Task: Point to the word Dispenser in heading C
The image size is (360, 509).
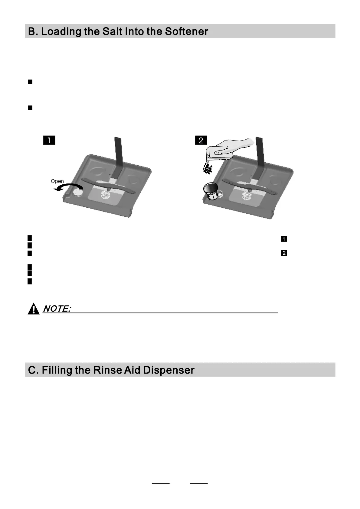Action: tap(169, 370)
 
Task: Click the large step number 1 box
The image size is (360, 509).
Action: tap(49, 140)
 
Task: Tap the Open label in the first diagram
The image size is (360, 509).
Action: tap(57, 181)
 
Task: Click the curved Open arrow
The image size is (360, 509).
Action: tap(68, 186)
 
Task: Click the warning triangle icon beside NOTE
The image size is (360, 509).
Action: tap(34, 309)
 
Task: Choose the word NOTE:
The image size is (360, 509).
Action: tap(57, 309)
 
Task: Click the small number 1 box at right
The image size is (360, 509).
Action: tap(284, 239)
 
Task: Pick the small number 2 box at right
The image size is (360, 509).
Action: tap(284, 253)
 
